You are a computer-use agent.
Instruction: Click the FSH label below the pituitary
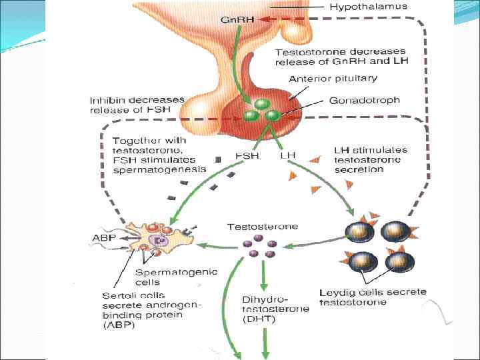(247, 156)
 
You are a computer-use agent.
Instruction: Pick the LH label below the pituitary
(288, 156)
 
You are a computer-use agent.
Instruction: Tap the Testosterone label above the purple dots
(262, 227)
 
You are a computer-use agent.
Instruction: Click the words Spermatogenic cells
(166, 277)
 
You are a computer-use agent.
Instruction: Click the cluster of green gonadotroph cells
(261, 112)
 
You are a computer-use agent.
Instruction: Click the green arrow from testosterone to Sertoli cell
(220, 245)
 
